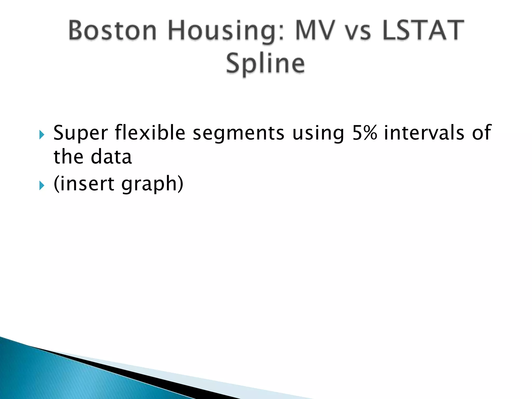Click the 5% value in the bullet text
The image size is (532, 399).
(x=364, y=132)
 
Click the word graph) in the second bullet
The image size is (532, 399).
(x=152, y=184)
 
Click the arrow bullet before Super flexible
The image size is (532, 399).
(x=42, y=135)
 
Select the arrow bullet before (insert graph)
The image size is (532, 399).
(x=42, y=185)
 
